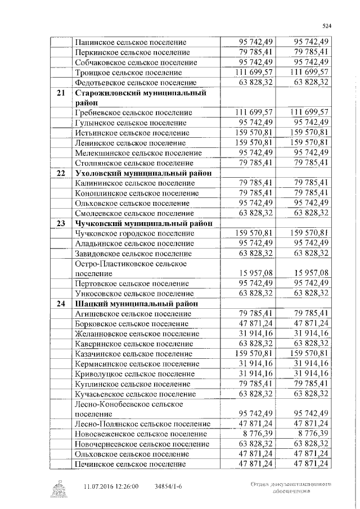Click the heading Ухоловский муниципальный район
143,173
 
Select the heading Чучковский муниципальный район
143,223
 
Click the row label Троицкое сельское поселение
128,73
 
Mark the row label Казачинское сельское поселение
134,354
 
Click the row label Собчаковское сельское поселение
136,62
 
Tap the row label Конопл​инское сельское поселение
136,193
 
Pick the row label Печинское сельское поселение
130,464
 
